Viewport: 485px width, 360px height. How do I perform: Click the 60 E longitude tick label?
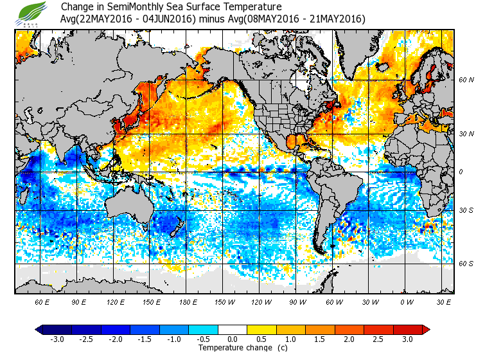(x=42, y=301)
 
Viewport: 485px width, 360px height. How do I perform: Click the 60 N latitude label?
(x=466, y=80)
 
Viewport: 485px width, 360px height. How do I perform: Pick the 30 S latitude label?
(x=466, y=210)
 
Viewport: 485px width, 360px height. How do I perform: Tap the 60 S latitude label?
(x=466, y=264)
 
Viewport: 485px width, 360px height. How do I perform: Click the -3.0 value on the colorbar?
(x=58, y=339)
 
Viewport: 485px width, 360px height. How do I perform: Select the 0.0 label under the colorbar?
(x=233, y=339)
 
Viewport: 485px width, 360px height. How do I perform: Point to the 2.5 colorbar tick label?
(x=384, y=339)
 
